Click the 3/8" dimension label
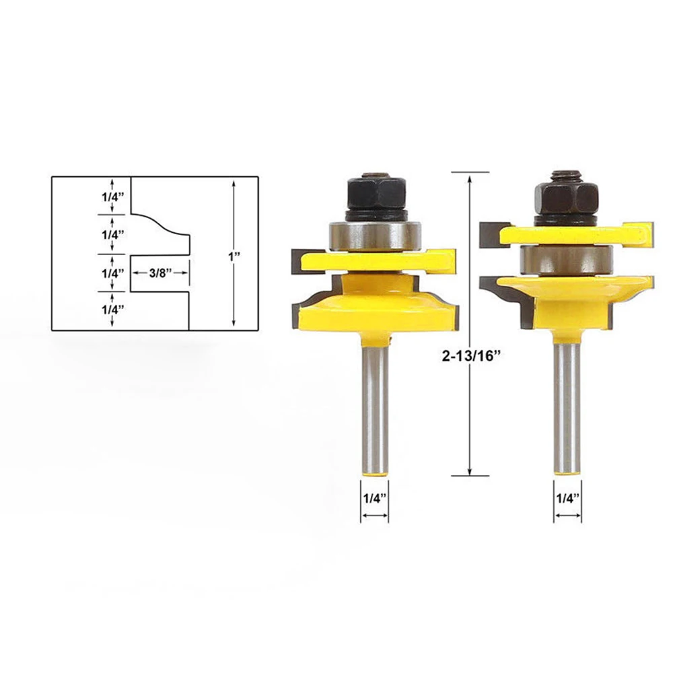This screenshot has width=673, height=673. (160, 273)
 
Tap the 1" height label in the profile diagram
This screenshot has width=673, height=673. (234, 257)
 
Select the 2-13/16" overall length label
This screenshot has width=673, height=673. (472, 356)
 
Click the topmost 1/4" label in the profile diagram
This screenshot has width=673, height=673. (113, 197)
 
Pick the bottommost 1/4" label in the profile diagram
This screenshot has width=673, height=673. (113, 310)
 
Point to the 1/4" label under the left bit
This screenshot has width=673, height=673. (375, 498)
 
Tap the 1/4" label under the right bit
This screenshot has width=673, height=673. (568, 498)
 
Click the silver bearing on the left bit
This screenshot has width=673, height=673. (375, 235)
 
